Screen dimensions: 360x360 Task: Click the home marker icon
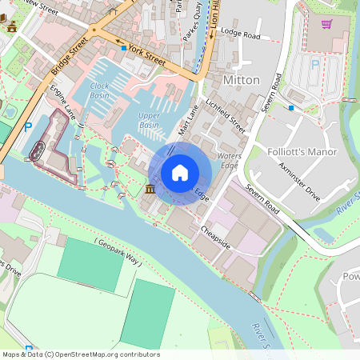pyautogui.click(x=180, y=172)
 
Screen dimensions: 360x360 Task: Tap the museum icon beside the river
pyautogui.click(x=150, y=190)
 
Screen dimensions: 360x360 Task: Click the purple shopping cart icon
pyautogui.click(x=326, y=23)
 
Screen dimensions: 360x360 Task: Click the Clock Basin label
pyautogui.click(x=100, y=90)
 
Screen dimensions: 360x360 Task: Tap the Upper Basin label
pyautogui.click(x=149, y=120)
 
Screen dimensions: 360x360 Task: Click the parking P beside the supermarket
pyautogui.click(x=314, y=64)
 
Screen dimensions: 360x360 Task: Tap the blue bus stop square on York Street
pyautogui.click(x=123, y=48)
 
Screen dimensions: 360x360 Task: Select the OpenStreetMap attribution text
pyautogui.click(x=80, y=354)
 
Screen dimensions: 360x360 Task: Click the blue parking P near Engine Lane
pyautogui.click(x=29, y=126)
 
